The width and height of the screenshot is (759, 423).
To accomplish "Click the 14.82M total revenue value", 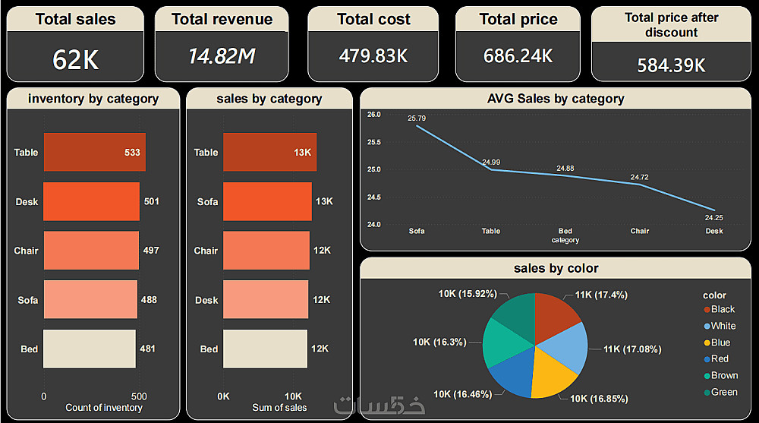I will coord(222,55).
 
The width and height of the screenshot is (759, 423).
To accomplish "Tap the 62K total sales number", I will coord(76,59).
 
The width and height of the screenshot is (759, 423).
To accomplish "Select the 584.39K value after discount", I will coord(671,65).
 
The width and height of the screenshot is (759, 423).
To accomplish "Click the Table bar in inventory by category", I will coord(94,152).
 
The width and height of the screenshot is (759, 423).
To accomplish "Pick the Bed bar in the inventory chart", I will coord(89,349).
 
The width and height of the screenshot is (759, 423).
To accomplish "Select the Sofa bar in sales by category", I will coord(267,201).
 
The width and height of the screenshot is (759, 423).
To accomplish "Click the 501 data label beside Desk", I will coord(151,201).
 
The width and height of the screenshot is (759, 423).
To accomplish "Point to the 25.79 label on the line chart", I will coord(417,118).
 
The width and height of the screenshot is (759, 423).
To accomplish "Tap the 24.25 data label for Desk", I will coord(713,217).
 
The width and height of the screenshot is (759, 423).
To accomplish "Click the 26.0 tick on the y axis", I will coord(373,114).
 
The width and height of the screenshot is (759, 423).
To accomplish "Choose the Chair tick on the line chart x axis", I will coord(640,231).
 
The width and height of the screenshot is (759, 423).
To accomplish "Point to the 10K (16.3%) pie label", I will coord(439,343).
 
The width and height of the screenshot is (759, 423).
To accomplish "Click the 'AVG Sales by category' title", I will coord(556,99).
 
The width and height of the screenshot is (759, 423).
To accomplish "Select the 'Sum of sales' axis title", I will coord(279,408).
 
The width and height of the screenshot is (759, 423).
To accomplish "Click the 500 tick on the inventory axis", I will coord(138,396).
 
